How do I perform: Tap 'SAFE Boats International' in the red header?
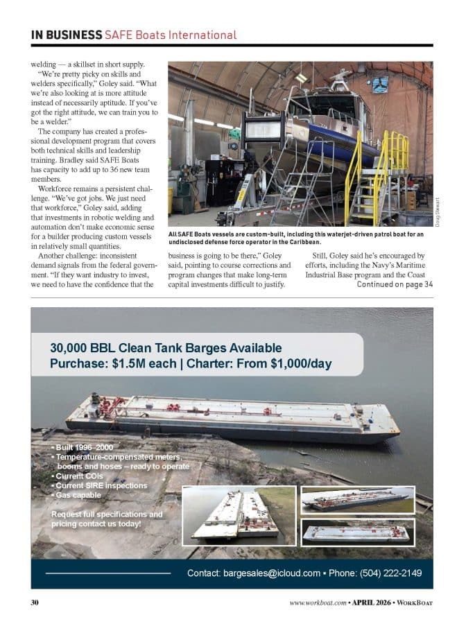[x=171, y=35]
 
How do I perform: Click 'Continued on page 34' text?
[x=395, y=284]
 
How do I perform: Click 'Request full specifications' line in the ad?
[x=107, y=514]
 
